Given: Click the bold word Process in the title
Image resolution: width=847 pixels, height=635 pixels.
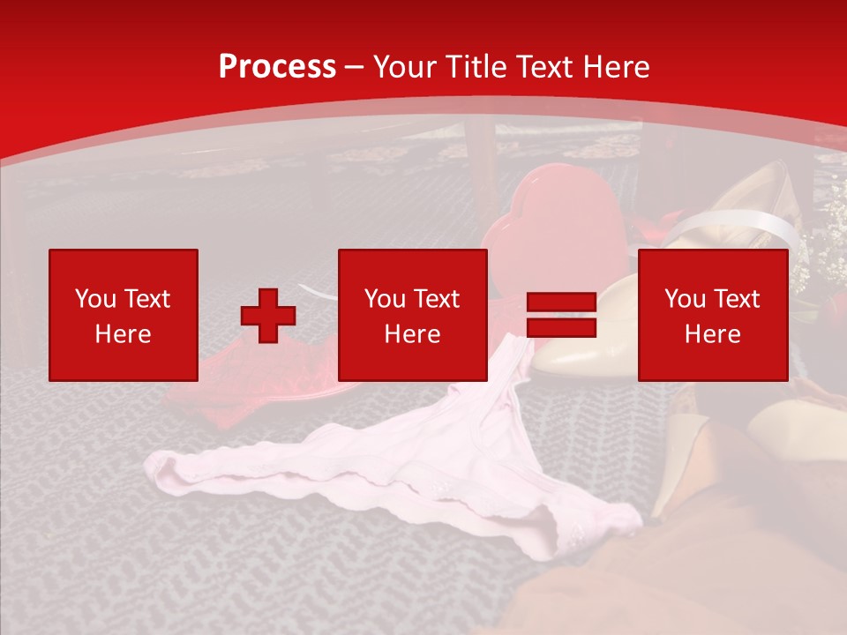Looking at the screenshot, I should [x=277, y=67].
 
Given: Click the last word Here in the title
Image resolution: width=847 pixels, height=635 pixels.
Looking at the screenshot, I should [x=617, y=67].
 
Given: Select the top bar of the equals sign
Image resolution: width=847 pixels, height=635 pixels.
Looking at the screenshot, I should [x=561, y=303].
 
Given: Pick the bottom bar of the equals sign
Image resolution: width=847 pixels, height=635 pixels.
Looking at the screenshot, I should [x=561, y=328].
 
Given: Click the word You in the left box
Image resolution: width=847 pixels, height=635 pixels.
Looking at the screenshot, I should [x=95, y=299].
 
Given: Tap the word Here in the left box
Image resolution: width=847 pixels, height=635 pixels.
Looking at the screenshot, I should [x=123, y=334].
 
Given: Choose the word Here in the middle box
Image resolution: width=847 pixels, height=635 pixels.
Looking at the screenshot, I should [x=412, y=334].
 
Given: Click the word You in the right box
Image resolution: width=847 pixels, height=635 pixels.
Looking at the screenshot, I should [x=685, y=299].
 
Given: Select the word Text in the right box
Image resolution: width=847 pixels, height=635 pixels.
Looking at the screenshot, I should [x=736, y=299].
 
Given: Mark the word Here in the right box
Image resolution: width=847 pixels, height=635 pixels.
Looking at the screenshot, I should [x=712, y=334].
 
